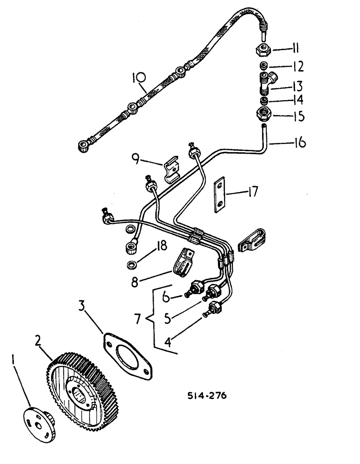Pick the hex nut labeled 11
[264, 49]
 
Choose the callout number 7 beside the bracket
[138, 319]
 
